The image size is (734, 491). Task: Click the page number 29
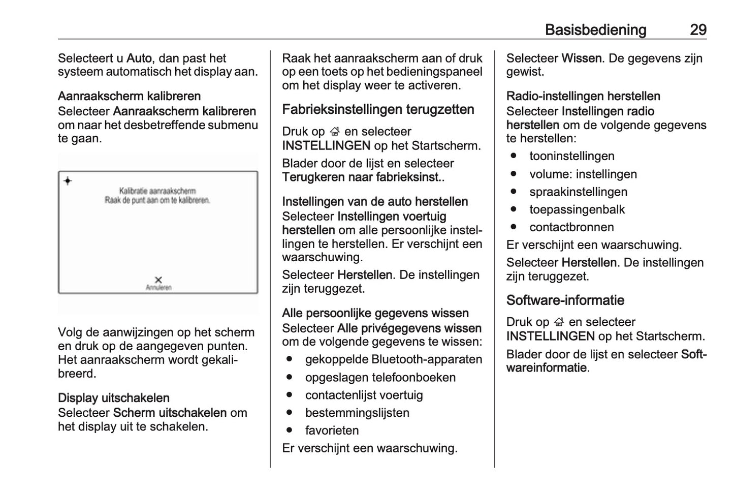tap(698, 30)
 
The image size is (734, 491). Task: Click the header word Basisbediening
tap(595, 30)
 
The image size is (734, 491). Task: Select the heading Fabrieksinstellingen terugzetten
tap(378, 110)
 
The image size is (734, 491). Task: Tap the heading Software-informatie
tap(565, 300)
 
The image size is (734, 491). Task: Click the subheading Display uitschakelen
tap(113, 398)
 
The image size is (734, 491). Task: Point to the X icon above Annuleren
tap(158, 280)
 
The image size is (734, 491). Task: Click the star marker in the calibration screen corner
tap(68, 181)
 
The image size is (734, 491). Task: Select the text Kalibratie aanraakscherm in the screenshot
tap(157, 191)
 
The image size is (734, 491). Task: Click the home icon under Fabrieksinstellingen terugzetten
tap(334, 132)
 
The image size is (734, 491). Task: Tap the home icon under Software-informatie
tap(559, 322)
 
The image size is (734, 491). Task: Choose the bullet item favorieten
tap(332, 431)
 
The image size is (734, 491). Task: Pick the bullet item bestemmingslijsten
tap(357, 413)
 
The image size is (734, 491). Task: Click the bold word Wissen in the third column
tap(581, 58)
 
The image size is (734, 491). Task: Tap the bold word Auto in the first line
tap(139, 58)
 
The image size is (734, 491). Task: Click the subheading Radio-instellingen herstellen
tap(583, 96)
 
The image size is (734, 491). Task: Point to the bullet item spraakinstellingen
tap(578, 192)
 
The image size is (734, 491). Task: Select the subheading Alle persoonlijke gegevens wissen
tap(375, 313)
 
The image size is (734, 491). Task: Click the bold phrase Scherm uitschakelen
tap(170, 413)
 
